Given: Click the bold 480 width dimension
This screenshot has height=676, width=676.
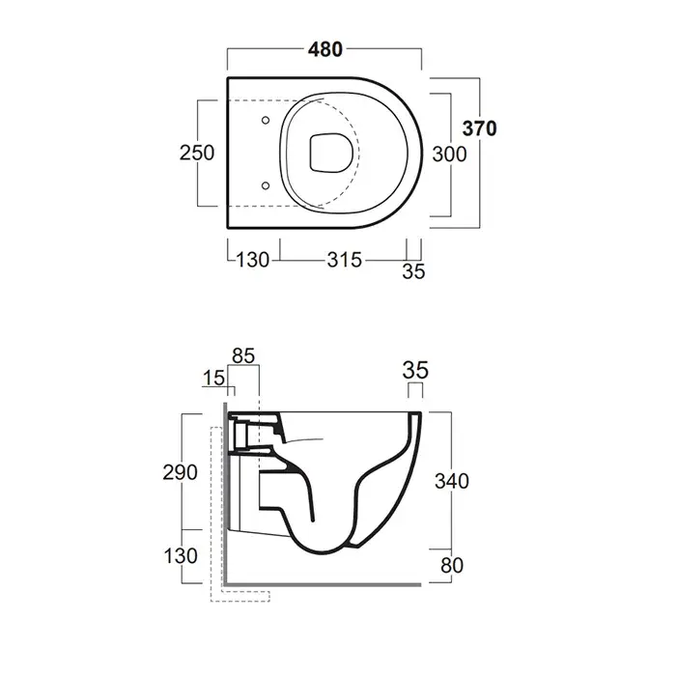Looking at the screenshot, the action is [325, 49].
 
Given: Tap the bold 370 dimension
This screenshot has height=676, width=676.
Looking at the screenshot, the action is [479, 128].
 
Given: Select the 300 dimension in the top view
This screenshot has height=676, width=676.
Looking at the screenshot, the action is [449, 155].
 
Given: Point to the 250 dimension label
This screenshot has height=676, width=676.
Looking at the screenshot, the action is [197, 153].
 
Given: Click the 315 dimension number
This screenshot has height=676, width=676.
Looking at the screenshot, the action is [345, 260].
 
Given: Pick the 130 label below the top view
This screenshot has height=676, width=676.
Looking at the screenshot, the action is [253, 260].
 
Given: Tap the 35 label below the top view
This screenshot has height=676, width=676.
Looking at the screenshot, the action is [413, 271].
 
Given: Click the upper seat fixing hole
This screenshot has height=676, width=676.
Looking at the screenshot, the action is [266, 121].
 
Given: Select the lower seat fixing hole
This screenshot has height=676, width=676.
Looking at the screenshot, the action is [266, 185].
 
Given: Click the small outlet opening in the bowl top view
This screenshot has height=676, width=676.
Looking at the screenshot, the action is [331, 154].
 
